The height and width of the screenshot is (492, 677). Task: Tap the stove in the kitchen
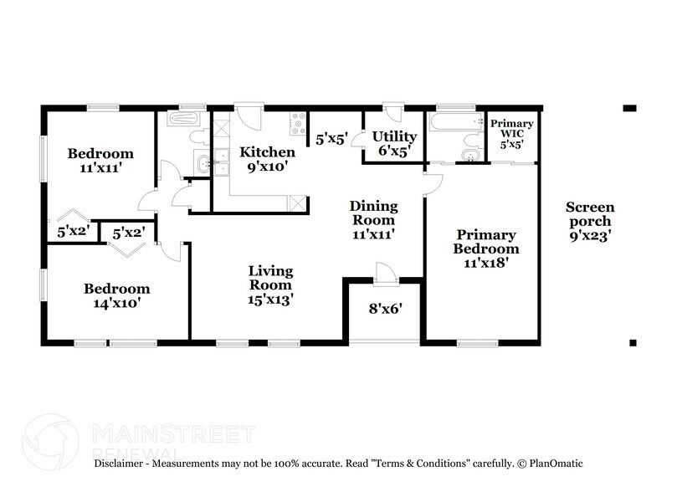[297, 124]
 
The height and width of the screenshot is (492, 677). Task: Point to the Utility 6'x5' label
[394, 143]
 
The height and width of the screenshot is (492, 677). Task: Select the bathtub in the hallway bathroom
[187, 118]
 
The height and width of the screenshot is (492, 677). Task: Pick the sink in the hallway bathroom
[203, 164]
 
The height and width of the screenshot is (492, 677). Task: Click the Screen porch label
[590, 221]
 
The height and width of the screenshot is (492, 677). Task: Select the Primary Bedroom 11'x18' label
[485, 249]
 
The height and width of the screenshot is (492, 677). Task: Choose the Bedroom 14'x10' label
[116, 295]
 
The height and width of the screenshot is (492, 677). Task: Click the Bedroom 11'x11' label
[100, 161]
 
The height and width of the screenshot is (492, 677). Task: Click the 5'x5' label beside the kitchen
[332, 139]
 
